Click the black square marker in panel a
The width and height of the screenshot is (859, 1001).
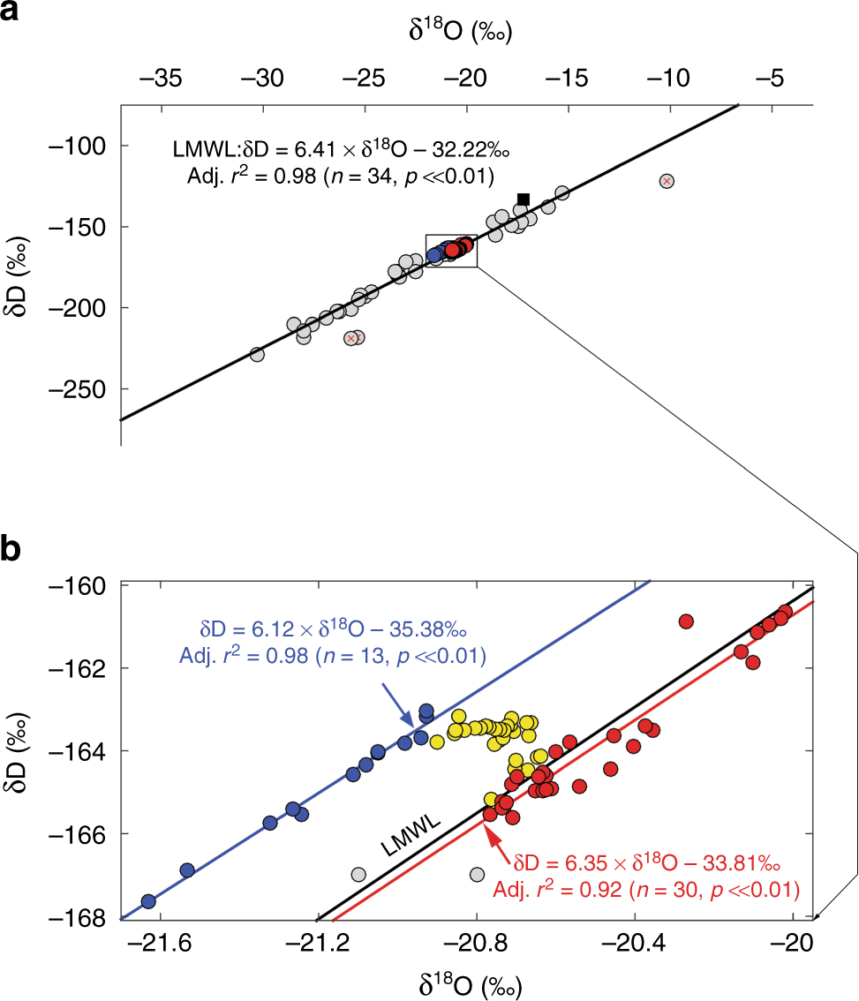click(x=524, y=199)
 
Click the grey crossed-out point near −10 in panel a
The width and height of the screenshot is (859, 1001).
click(x=667, y=181)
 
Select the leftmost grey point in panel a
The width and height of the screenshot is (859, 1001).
click(x=257, y=354)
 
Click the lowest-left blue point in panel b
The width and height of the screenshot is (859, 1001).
click(x=148, y=901)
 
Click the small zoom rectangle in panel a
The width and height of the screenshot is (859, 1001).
click(x=451, y=251)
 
